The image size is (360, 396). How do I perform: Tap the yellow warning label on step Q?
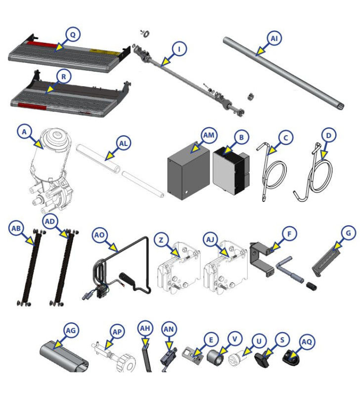tap(101, 50)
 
